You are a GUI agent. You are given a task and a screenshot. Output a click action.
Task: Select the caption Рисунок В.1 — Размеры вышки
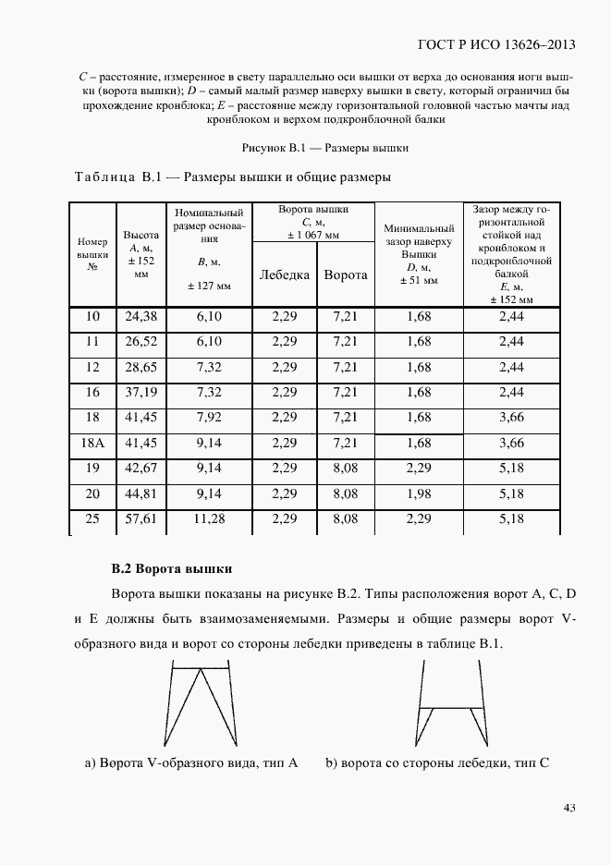(325, 147)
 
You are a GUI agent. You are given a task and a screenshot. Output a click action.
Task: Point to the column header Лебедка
(285, 274)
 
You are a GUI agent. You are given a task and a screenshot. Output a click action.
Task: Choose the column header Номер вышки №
(92, 253)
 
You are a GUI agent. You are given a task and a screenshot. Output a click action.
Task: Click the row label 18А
(92, 444)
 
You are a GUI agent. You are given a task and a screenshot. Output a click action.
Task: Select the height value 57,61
(141, 520)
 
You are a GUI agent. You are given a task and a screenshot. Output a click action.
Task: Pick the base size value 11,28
(210, 520)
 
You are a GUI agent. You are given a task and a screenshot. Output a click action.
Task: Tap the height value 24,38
(141, 316)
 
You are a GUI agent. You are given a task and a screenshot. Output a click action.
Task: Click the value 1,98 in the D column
(418, 494)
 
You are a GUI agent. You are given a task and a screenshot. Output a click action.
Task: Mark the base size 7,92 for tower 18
(210, 418)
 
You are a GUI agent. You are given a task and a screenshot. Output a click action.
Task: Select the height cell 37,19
(141, 393)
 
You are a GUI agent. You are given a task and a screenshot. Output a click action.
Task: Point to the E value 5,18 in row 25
(510, 520)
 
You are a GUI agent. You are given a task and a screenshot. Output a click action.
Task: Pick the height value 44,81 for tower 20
(141, 494)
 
